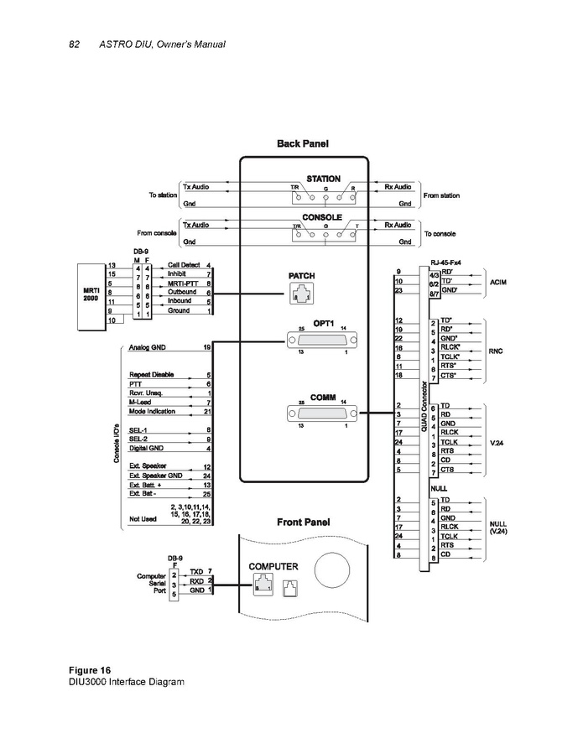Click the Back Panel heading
pyautogui.click(x=303, y=144)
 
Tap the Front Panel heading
pyautogui.click(x=303, y=522)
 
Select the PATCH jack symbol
pyautogui.click(x=300, y=294)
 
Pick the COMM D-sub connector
pyautogui.click(x=324, y=413)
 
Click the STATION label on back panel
pyautogui.click(x=323, y=179)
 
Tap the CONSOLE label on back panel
pyautogui.click(x=323, y=216)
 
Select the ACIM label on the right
pyautogui.click(x=497, y=282)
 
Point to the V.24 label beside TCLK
pyautogui.click(x=497, y=441)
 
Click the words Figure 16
pyautogui.click(x=89, y=669)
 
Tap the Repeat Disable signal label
pyautogui.click(x=151, y=374)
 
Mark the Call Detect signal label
pyautogui.click(x=184, y=265)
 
